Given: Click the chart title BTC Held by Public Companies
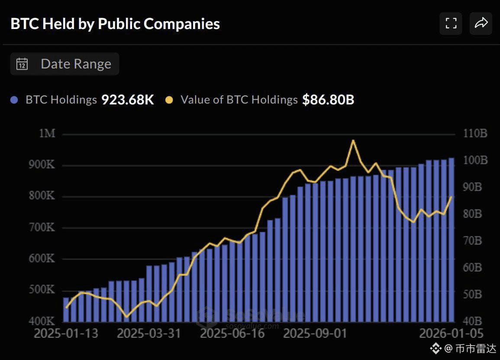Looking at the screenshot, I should coord(115,24).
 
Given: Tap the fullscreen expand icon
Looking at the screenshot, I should coord(451,23).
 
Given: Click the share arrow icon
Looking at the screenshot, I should coord(481,23).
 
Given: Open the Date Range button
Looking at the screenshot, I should coord(65,64).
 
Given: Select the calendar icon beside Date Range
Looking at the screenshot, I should coord(22,64).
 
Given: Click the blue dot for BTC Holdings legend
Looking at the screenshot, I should coord(14,100).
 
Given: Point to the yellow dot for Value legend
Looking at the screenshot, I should coord(169,100).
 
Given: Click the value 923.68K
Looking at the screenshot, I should coord(128,100).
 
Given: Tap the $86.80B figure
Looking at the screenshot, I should coord(328,100).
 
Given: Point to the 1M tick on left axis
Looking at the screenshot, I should coord(47,133).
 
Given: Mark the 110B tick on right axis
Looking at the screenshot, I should coord(475,133).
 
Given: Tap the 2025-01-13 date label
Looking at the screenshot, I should coord(66,334).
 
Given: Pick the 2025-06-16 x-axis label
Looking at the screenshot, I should coord(233,334).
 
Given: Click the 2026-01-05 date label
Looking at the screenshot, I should coord(452,334).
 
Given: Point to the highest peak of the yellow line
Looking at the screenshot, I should coord(353,140).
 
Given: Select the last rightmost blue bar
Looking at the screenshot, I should coord(452,240).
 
